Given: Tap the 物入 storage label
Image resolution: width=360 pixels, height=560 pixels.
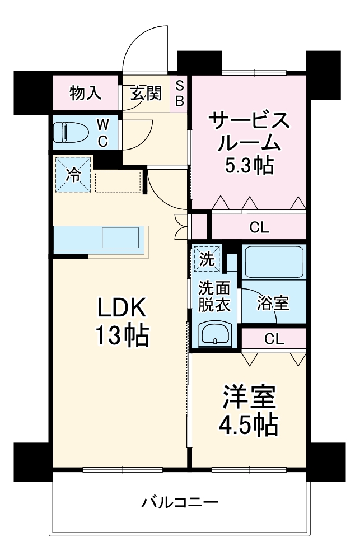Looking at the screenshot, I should pyautogui.click(x=86, y=93).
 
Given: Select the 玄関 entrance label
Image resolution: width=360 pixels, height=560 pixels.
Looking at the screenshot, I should pyautogui.click(x=146, y=93).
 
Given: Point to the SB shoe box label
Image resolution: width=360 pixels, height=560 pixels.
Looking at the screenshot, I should pyautogui.click(x=180, y=93).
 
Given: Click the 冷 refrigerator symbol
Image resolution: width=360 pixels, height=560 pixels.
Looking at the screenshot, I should pyautogui.click(x=73, y=174).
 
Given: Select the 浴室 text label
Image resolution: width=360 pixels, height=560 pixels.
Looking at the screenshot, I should pyautogui.click(x=273, y=303).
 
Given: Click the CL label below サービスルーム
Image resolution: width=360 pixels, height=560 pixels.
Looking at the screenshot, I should pyautogui.click(x=259, y=227).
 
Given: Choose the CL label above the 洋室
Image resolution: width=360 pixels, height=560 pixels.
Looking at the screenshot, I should pyautogui.click(x=274, y=338).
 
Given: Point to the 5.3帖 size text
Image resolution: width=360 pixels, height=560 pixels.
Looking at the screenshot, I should pyautogui.click(x=249, y=165).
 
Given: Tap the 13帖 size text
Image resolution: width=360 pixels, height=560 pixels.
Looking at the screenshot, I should pyautogui.click(x=121, y=335).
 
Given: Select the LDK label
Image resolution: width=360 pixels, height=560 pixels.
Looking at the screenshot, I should pyautogui.click(x=121, y=307).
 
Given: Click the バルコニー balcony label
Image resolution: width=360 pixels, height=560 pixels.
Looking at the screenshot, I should pyautogui.click(x=179, y=502).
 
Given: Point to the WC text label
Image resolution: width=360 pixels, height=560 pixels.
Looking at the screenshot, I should pyautogui.click(x=103, y=132).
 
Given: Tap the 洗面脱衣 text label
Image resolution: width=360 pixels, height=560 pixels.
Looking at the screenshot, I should pyautogui.click(x=213, y=296).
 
